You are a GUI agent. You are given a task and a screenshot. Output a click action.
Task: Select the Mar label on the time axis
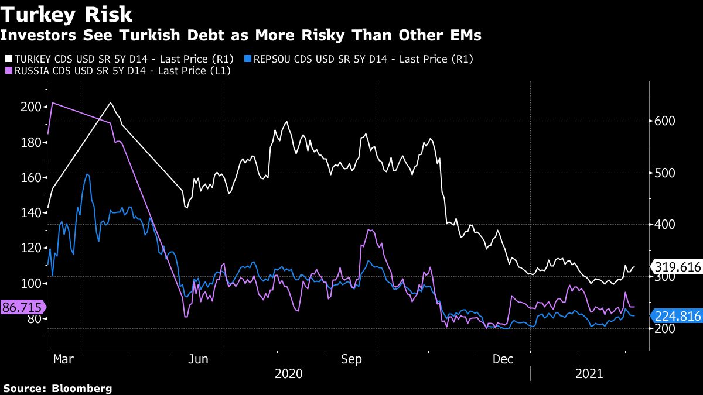63,359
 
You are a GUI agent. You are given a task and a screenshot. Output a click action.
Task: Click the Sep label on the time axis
351,359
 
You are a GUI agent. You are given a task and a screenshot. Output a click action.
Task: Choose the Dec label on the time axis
503,359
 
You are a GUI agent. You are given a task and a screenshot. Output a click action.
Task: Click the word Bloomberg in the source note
82,388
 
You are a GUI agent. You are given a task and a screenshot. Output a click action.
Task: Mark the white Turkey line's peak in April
111,103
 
